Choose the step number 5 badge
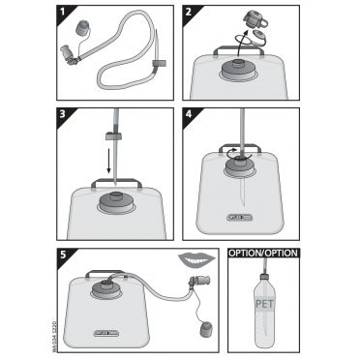point(63,256)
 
